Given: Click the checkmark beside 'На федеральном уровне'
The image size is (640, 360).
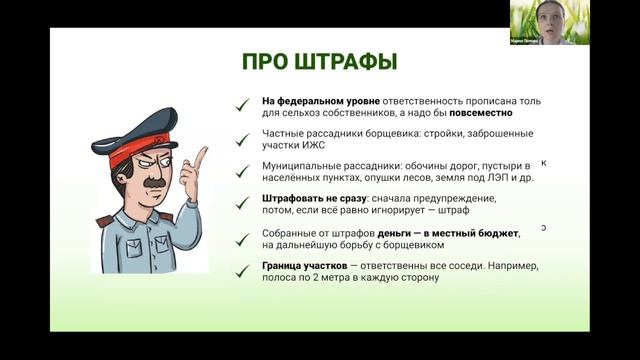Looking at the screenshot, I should tap(241, 102).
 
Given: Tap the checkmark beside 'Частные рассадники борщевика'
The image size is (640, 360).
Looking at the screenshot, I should tap(241, 135).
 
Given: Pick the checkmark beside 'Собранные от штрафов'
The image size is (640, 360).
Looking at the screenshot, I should tap(241, 237).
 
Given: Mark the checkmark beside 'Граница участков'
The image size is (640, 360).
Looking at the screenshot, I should tap(241, 269).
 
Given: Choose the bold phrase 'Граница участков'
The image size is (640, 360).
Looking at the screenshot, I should tap(306, 265).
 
